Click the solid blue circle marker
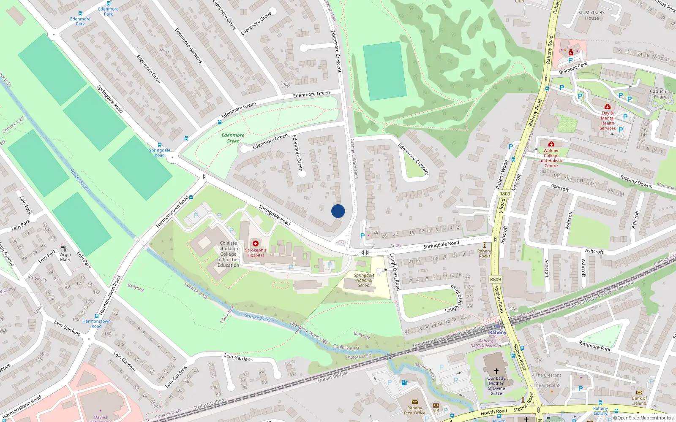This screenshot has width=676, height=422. pyautogui.click(x=338, y=211)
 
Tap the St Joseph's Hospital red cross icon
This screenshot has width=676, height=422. pyautogui.click(x=256, y=243)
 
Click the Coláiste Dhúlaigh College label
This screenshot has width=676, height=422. pyautogui.click(x=228, y=254)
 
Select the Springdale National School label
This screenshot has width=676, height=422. pyautogui.click(x=364, y=280)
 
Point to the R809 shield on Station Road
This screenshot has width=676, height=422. pyautogui.click(x=495, y=279)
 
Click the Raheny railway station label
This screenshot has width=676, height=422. pyautogui.click(x=497, y=333)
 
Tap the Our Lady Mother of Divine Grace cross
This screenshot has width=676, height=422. pyautogui.click(x=496, y=371)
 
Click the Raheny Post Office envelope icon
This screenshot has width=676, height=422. pyautogui.click(x=414, y=402)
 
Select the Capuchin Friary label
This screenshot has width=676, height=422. pyautogui.click(x=660, y=94)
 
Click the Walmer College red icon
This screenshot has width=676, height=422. pyautogui.click(x=551, y=144)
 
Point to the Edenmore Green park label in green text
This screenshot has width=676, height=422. pyautogui.click(x=233, y=138)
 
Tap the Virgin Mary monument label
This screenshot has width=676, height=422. pyautogui.click(x=65, y=257)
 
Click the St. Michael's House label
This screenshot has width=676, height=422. pyautogui.click(x=591, y=15)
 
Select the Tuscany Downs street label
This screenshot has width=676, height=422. pyautogui.click(x=635, y=181)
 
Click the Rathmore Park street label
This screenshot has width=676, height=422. pyautogui.click(x=594, y=346)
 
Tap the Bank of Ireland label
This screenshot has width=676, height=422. pyautogui.click(x=639, y=400)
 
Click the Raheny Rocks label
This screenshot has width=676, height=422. pyautogui.click(x=485, y=254)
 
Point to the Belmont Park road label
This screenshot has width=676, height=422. pyautogui.click(x=573, y=68)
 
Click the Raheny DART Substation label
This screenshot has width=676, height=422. pyautogui.click(x=485, y=344)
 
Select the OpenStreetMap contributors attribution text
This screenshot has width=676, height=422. pyautogui.click(x=643, y=418)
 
